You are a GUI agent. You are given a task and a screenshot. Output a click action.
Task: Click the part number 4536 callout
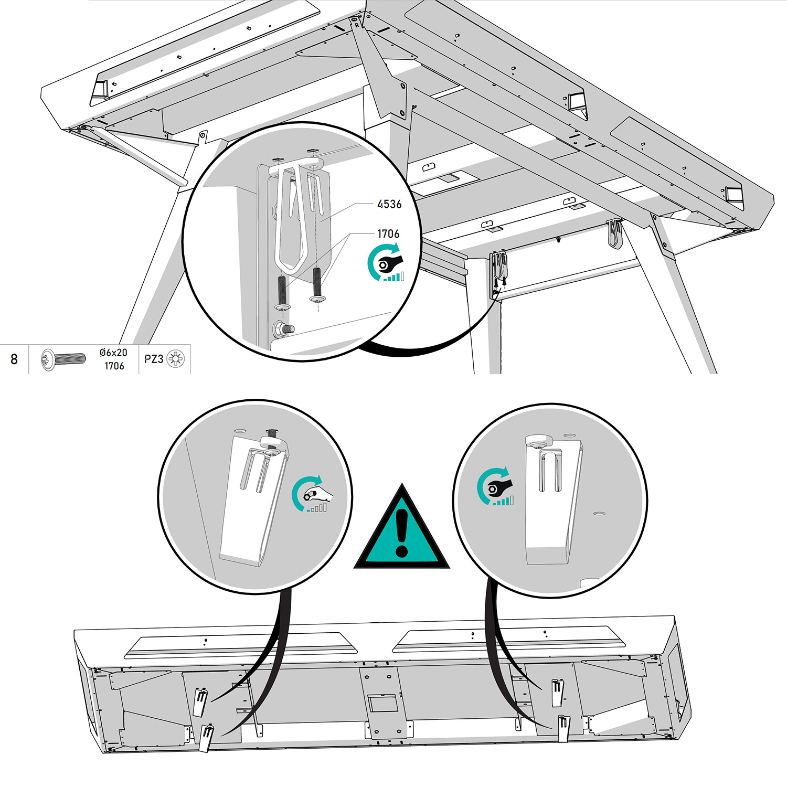(389, 204)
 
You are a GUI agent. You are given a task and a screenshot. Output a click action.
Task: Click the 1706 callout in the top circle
(388, 233)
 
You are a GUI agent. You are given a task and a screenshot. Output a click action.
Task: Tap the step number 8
(14, 359)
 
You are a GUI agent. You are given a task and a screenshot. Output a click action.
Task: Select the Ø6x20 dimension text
(113, 353)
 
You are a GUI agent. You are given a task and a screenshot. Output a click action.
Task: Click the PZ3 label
(154, 359)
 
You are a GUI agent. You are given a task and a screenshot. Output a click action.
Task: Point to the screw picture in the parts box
(63, 359)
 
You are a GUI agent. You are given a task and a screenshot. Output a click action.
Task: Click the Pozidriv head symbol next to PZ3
(175, 359)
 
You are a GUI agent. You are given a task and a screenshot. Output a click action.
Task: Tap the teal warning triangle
(402, 527)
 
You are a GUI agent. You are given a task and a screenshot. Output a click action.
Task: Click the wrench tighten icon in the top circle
(386, 262)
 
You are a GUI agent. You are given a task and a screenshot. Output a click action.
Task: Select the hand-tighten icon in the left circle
(310, 494)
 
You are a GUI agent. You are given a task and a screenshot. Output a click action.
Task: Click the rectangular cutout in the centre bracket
(384, 704)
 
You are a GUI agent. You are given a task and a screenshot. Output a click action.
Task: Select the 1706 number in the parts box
(114, 366)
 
